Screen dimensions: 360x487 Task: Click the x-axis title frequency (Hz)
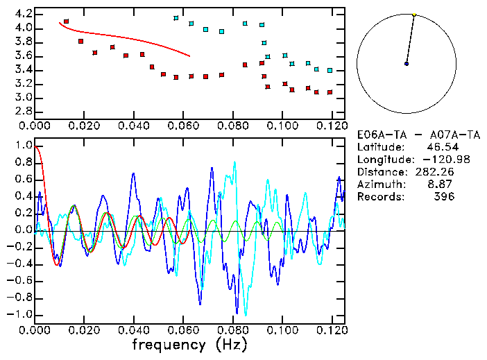pyautogui.click(x=189, y=344)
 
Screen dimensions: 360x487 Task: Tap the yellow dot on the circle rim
pyautogui.click(x=414, y=15)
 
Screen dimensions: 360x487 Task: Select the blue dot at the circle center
pyautogui.click(x=407, y=64)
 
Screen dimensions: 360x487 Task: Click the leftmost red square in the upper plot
pyautogui.click(x=67, y=22)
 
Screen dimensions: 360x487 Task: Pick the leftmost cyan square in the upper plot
pyautogui.click(x=176, y=18)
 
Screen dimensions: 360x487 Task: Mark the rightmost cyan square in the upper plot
pyautogui.click(x=330, y=70)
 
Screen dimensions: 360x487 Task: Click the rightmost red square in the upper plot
pyautogui.click(x=330, y=92)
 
